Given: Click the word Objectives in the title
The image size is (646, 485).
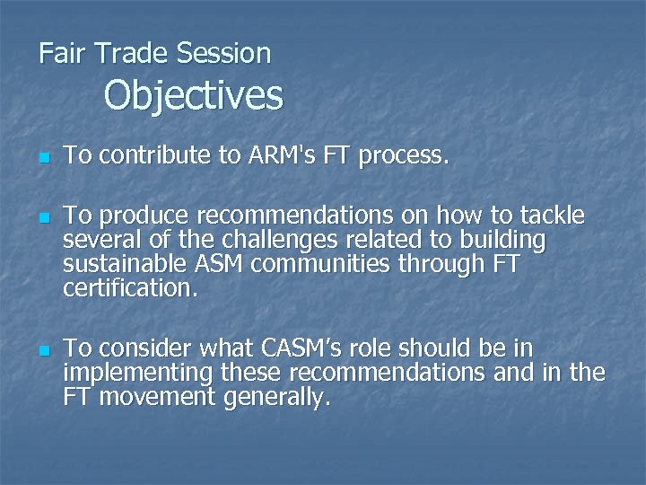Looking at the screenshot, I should pos(193,95).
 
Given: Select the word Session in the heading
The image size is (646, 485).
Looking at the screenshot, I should pos(223,53).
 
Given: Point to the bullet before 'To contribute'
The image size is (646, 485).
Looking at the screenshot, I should pos(43,159).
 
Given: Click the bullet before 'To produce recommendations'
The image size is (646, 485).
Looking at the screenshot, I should pos(43,218).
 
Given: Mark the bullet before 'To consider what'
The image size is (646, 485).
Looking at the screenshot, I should pos(43,349).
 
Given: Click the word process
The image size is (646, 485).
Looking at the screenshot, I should pos(403,157).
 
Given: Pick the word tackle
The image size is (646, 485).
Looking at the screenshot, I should pos(548,216).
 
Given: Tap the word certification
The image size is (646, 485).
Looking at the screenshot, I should pos(127,289).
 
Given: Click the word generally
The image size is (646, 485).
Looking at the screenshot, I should pos(277,398).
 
